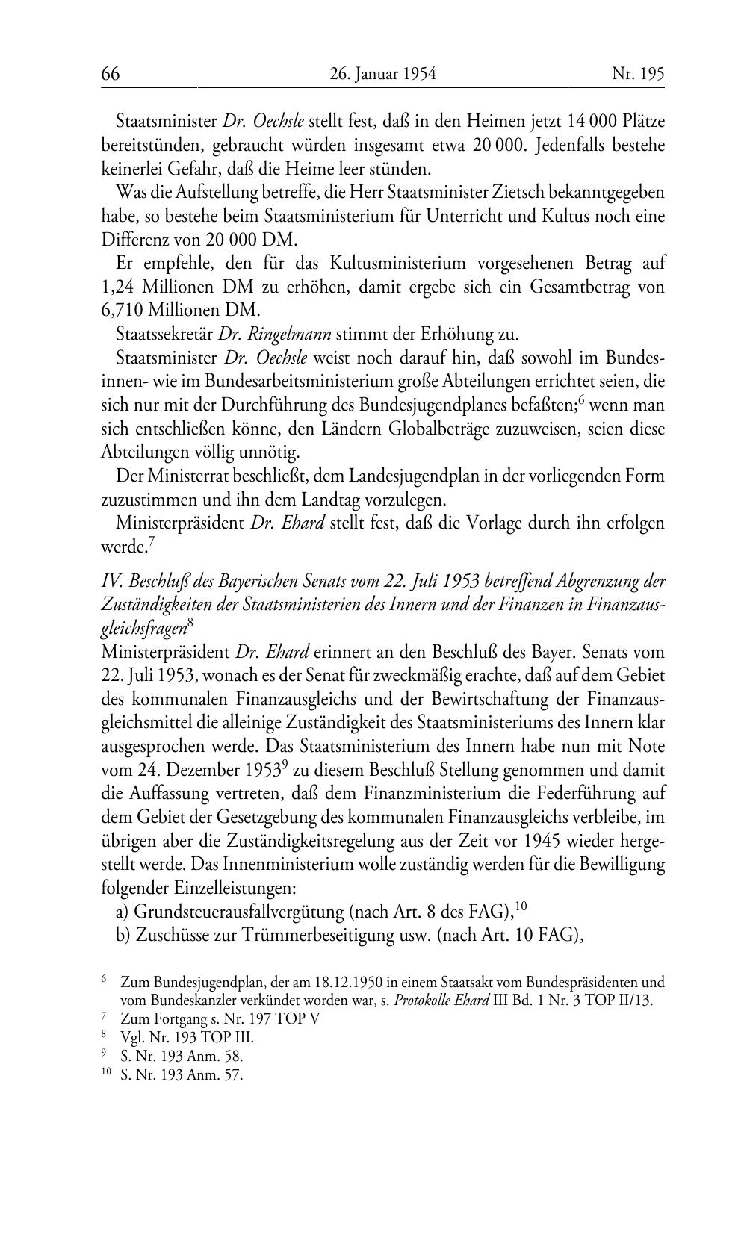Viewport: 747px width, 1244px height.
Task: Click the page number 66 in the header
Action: click(111, 74)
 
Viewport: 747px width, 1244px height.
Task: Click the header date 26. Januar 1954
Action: click(382, 74)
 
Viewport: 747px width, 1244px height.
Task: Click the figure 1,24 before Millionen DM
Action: click(118, 287)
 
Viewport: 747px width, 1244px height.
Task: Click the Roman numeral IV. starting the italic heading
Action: click(111, 581)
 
